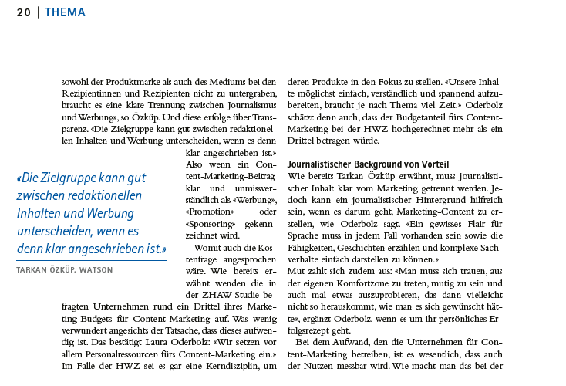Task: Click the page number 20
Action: click(23, 12)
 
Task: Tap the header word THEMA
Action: click(65, 12)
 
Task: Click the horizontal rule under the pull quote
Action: click(91, 261)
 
